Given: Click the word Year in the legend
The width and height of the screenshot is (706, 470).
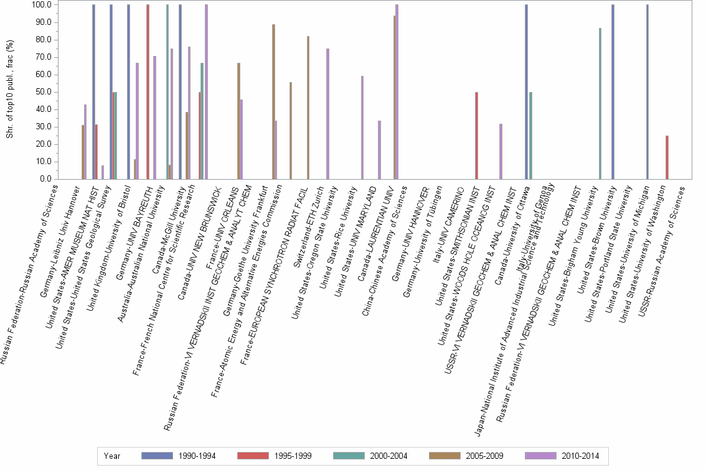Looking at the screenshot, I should tap(113, 456).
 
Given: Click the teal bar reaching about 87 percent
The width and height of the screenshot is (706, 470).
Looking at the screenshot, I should tap(600, 103).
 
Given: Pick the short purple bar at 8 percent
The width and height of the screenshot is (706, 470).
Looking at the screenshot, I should tap(103, 172).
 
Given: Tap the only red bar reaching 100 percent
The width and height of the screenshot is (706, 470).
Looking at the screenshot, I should tap(148, 92).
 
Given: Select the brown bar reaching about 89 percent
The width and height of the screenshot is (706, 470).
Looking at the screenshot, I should tap(273, 102).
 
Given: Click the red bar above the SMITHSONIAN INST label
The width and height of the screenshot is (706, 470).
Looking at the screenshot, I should tap(476, 136).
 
